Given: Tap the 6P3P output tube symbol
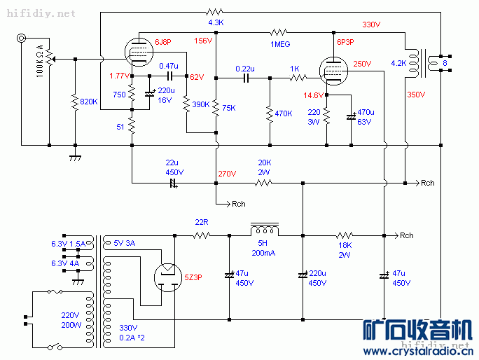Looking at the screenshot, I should click(x=333, y=70).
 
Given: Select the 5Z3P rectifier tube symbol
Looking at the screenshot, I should click(x=167, y=275).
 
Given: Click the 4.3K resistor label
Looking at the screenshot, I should click(x=216, y=22).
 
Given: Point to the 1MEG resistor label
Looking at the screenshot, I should click(x=280, y=44).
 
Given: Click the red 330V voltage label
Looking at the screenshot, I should click(x=371, y=25).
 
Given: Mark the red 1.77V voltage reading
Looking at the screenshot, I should click(x=119, y=76).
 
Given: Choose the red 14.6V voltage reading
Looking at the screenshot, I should click(x=313, y=95).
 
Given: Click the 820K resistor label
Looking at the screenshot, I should click(x=89, y=102).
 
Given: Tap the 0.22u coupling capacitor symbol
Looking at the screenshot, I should click(x=245, y=78).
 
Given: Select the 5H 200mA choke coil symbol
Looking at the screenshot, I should click(x=265, y=230).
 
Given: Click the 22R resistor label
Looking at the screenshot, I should click(x=202, y=223).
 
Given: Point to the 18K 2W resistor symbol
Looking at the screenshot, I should click(x=344, y=235).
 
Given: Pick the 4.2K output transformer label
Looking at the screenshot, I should click(x=398, y=63).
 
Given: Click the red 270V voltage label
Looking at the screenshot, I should click(x=227, y=174).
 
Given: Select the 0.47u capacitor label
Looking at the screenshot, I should click(x=168, y=66).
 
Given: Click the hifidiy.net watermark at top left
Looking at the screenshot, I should click(x=39, y=13).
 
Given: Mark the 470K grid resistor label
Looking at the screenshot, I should click(x=284, y=113).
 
